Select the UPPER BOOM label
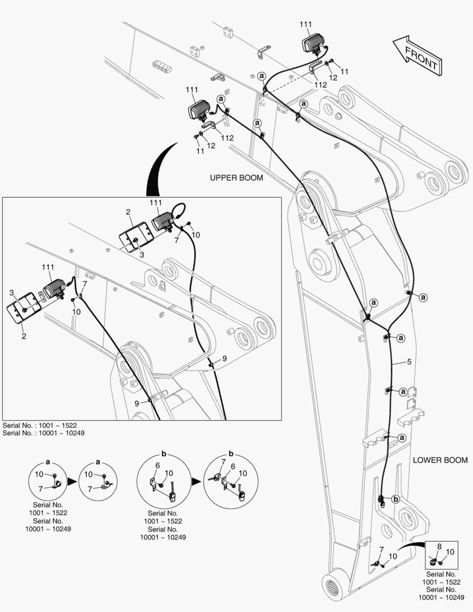(x=236, y=178)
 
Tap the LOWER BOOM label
(x=440, y=460)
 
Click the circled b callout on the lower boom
(x=395, y=499)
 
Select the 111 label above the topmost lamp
(x=306, y=24)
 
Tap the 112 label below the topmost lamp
(x=321, y=84)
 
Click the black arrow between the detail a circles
(x=72, y=481)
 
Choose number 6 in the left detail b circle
(x=156, y=466)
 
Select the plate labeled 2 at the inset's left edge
(x=22, y=309)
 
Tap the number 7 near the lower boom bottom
(x=381, y=550)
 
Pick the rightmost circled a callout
(x=424, y=297)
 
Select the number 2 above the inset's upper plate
(x=128, y=212)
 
